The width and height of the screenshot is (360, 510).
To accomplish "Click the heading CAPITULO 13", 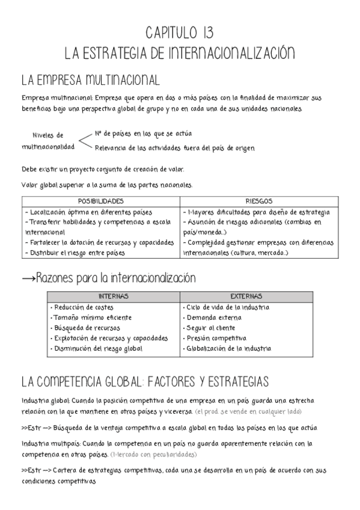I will point(180,32).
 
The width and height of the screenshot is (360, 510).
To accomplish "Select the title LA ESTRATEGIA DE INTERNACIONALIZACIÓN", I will point(180,54).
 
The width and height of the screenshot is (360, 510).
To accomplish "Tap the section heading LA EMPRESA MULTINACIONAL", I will point(90,80).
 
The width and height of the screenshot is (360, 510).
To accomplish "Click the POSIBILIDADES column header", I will point(101,201).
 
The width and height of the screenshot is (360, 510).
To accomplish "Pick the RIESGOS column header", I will point(259,201).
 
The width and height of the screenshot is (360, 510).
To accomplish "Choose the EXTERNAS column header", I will point(246,296).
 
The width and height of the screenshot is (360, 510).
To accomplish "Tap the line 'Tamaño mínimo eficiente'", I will point(90,318).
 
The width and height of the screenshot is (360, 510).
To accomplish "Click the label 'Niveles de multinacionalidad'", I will point(48,141).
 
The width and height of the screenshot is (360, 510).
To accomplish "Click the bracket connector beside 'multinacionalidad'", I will point(86,141).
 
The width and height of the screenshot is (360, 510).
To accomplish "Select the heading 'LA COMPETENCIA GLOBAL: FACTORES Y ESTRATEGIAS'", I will point(144,382).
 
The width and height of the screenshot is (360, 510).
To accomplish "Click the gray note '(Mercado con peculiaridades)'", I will point(153,455).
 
